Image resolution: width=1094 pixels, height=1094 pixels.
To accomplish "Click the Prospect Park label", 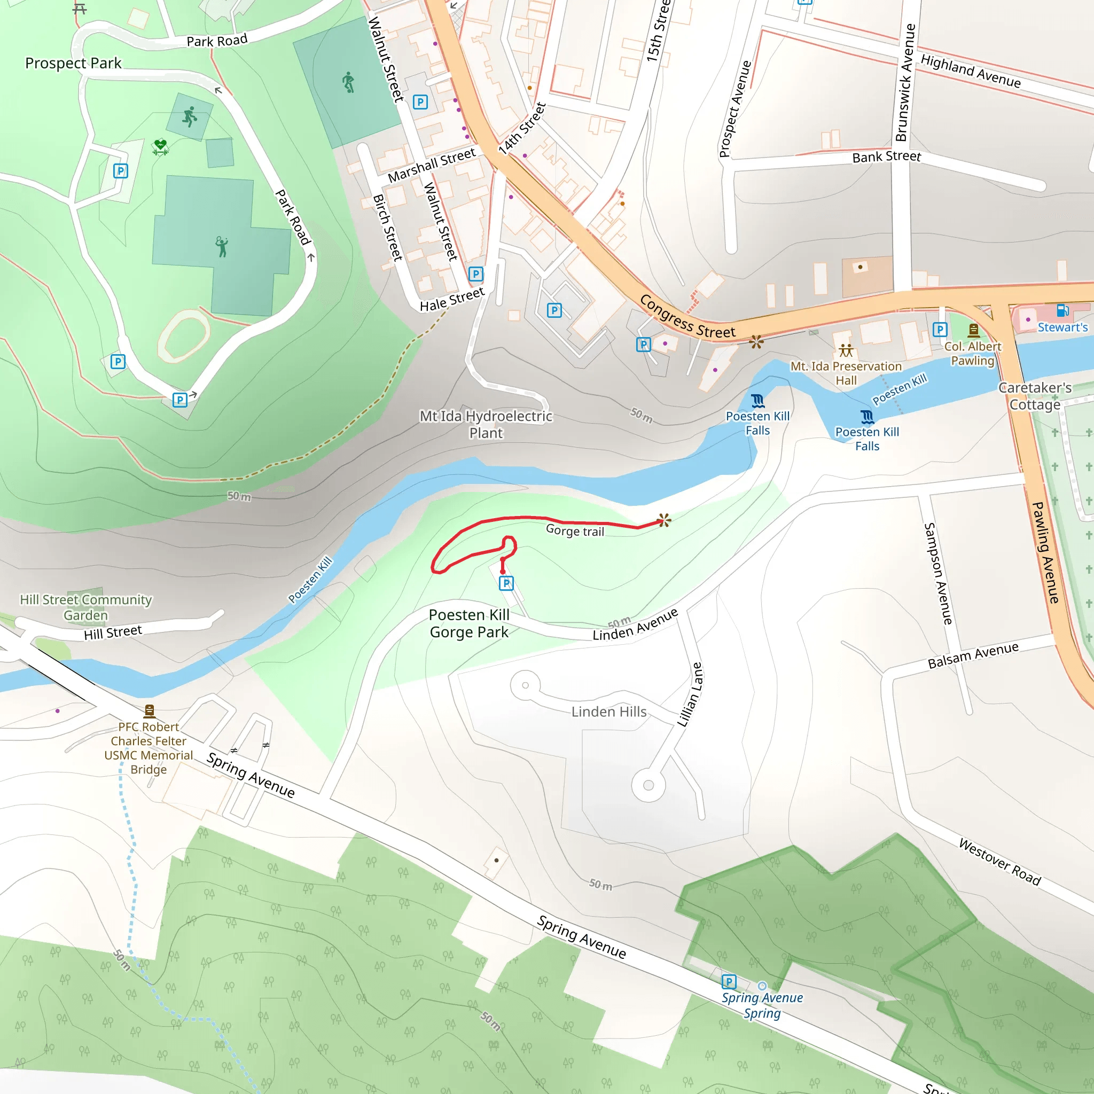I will (73, 63).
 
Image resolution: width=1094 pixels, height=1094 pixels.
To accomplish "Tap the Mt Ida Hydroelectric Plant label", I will (486, 424).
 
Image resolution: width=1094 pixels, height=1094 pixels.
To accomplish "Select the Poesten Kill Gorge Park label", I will (469, 623).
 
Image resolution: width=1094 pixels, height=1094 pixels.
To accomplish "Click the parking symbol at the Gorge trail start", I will (506, 583).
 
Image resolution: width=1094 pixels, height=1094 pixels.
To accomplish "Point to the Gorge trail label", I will (575, 530).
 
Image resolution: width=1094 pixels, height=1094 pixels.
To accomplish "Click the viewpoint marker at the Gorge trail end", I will (664, 520).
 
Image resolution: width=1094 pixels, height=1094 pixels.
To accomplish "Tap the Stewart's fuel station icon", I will (1062, 310).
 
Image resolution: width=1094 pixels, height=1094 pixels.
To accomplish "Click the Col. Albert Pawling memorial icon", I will (973, 330).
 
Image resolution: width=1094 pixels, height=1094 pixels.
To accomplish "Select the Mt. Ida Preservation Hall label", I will (846, 373).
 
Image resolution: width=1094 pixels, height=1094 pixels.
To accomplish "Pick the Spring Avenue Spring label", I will (762, 1005).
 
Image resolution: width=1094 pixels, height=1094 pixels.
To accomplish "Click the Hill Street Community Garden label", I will (86, 607).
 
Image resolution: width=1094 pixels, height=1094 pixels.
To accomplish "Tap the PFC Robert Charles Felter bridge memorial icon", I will (150, 710).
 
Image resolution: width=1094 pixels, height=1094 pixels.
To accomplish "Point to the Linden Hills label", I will (609, 712).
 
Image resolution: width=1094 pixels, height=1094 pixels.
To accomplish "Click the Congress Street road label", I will (687, 317).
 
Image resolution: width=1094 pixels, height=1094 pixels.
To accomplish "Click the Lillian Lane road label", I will (690, 694).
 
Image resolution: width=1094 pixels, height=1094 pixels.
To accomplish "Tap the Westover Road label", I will (1000, 861).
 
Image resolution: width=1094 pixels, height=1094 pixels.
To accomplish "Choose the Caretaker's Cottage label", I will (1035, 396).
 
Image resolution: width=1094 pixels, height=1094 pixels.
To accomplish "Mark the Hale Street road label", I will (452, 299).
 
